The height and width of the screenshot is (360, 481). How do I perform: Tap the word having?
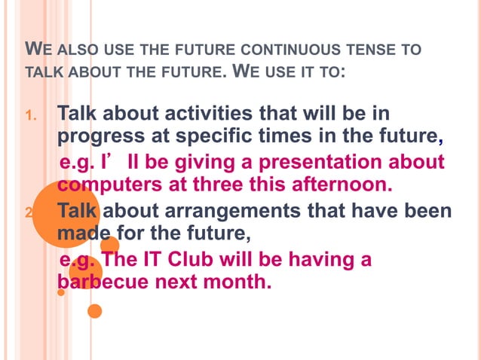323,260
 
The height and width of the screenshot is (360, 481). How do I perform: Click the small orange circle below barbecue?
95,310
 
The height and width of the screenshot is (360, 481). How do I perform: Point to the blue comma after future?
440,142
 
